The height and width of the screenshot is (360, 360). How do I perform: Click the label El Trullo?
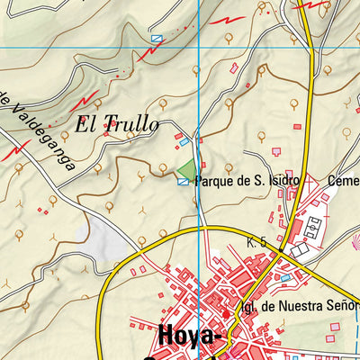[117, 124]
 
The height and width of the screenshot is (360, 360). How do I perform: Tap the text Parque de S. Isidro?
[246, 180]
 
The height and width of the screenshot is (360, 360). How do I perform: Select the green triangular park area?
[186, 168]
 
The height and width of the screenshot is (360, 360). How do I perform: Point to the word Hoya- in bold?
[189, 337]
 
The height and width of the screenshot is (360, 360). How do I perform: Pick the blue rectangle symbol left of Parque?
[184, 181]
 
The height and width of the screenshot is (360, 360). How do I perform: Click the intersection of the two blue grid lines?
[198, 47]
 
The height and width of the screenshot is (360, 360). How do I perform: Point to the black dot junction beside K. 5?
[281, 250]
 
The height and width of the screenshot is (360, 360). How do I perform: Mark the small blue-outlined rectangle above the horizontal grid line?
[157, 39]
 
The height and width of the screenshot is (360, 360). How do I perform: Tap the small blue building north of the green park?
[186, 140]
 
